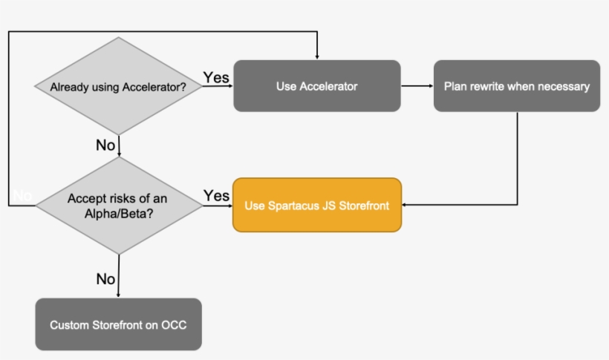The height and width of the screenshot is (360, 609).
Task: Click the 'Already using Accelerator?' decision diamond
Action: coord(119,86)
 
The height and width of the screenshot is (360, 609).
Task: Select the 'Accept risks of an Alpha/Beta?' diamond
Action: coord(119,205)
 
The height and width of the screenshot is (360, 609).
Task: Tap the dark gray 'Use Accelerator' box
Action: coord(317,86)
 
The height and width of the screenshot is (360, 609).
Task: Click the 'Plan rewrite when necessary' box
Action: coord(517,86)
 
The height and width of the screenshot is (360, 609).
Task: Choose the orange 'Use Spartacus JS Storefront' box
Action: coord(317,205)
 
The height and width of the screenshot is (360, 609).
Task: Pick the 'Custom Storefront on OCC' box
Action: coord(118,324)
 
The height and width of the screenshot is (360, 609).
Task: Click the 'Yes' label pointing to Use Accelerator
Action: coord(216,77)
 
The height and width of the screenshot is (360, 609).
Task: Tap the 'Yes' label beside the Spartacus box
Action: coord(216,196)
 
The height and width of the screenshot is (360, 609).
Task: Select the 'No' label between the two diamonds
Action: coord(105,145)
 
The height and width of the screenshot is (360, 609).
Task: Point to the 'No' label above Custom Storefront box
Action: coord(105,279)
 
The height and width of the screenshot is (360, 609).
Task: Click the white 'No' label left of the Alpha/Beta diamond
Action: coord(22,196)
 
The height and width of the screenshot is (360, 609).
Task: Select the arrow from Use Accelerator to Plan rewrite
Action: coord(417,86)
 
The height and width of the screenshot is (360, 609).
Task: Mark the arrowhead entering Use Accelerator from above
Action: coord(317,56)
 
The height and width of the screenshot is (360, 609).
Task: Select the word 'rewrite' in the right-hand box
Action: coord(486,86)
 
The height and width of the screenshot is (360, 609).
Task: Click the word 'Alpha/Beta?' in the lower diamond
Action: coord(119,212)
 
